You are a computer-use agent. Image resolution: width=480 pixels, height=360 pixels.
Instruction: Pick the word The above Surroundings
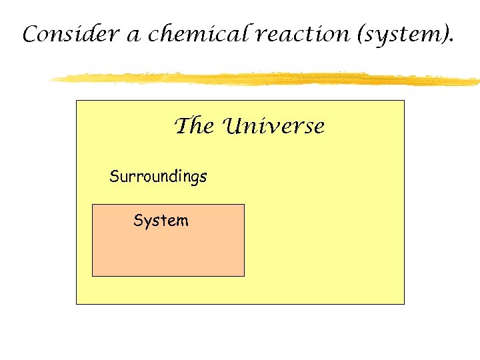(x=193, y=126)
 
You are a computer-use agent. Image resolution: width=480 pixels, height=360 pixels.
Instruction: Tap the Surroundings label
(x=158, y=177)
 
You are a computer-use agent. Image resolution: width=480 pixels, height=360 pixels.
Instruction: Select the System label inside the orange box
(x=161, y=221)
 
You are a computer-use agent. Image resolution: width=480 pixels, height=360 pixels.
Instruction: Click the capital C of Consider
(x=29, y=35)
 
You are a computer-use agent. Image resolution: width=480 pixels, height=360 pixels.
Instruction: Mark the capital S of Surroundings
(x=113, y=177)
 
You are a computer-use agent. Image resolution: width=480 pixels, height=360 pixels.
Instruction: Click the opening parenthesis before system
(x=360, y=35)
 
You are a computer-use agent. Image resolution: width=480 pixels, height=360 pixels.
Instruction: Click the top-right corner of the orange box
(x=244, y=205)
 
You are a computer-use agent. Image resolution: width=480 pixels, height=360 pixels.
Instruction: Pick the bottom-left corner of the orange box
(x=92, y=275)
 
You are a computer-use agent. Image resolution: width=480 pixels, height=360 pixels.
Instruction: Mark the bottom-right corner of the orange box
(x=244, y=275)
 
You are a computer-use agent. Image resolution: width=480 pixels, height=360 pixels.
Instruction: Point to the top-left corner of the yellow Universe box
(x=77, y=101)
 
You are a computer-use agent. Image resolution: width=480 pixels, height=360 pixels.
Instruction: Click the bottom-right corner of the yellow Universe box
(x=404, y=304)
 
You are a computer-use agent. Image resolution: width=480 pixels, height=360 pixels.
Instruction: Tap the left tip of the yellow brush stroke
(x=49, y=79)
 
